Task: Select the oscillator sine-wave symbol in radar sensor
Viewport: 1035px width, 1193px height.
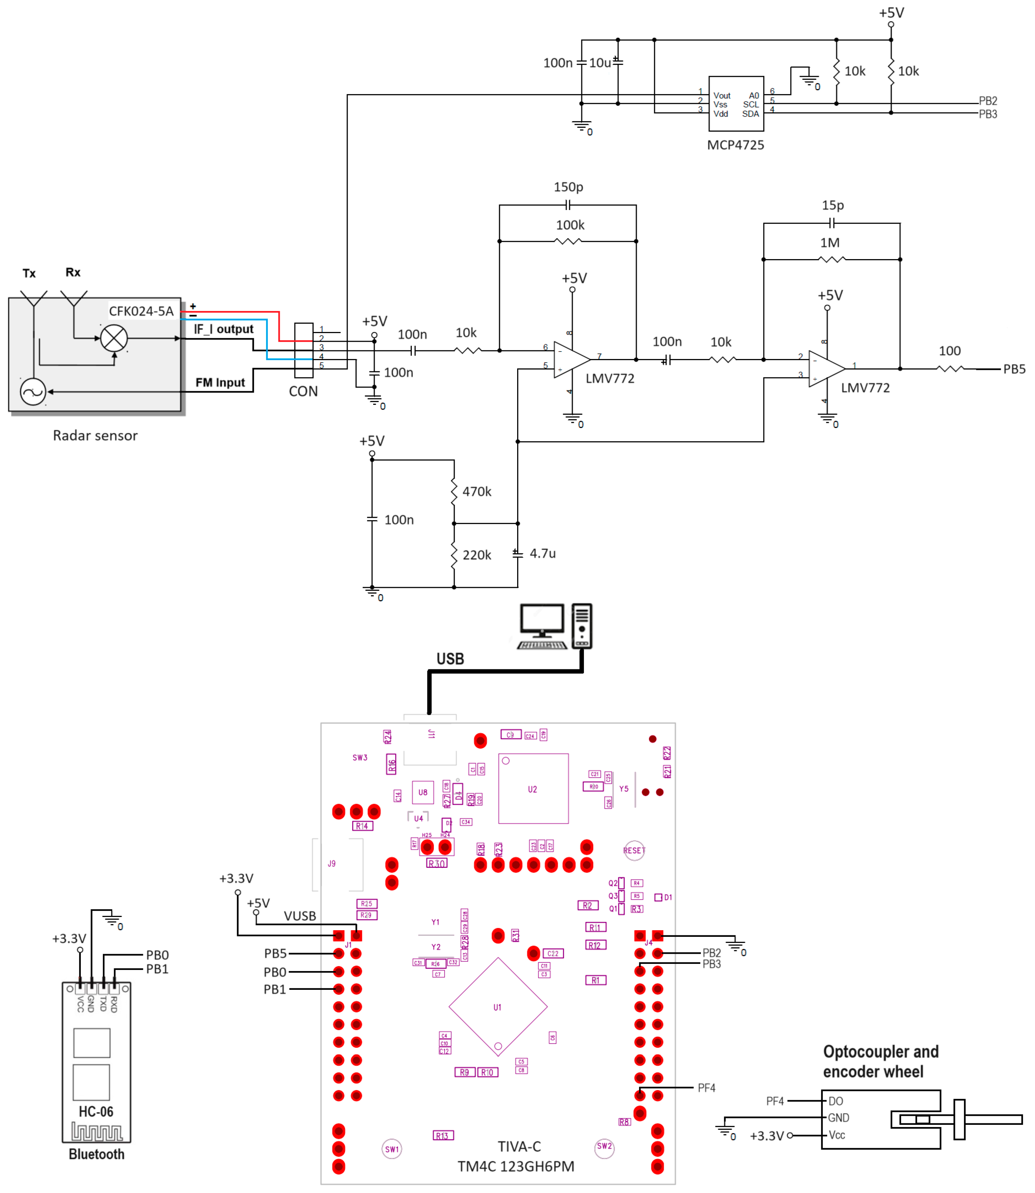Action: coord(33,392)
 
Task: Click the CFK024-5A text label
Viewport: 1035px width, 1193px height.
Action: coord(141,311)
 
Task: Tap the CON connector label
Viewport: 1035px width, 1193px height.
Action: coord(303,392)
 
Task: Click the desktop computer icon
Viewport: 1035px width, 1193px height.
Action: coord(554,626)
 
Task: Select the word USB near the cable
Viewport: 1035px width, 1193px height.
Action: coord(450,659)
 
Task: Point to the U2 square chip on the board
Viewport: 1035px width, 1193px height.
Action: coord(533,789)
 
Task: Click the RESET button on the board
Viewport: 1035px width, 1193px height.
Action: coord(634,851)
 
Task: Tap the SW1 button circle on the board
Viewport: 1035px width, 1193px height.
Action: coord(392,1149)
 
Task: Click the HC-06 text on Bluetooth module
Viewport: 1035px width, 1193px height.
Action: coord(96,1111)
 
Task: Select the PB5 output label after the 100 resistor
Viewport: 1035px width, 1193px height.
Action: coord(1014,369)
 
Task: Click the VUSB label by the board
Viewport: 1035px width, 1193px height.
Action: coord(300,916)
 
